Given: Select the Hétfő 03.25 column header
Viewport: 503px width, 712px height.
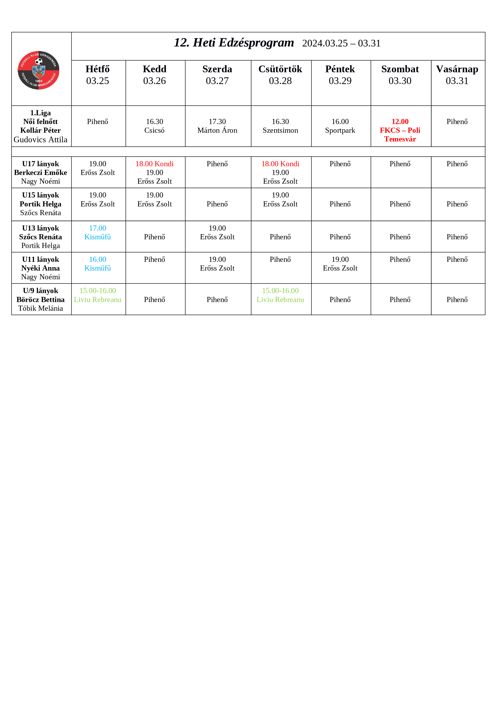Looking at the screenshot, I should click(x=98, y=75).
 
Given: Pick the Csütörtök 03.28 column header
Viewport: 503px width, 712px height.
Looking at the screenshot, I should click(x=280, y=75).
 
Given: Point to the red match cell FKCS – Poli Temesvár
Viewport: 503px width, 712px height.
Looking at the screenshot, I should click(x=400, y=130).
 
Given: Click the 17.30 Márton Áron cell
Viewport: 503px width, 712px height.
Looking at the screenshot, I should click(x=217, y=126).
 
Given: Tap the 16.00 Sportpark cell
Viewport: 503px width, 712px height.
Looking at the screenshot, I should click(x=340, y=126).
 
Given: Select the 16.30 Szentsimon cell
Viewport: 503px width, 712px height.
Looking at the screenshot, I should click(x=280, y=126).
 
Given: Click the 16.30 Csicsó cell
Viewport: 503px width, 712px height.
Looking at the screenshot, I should click(x=154, y=126).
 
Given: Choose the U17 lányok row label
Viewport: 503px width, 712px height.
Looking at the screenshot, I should click(x=41, y=164).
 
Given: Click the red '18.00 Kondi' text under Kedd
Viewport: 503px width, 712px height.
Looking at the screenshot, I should click(x=154, y=164).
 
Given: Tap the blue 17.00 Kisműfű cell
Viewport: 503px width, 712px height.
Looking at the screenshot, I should click(x=98, y=233).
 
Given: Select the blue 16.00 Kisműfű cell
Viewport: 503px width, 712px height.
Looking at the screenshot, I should click(x=98, y=264).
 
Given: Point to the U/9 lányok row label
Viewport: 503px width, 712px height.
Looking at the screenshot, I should click(x=41, y=291).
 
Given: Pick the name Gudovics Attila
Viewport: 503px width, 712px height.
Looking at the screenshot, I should click(x=41, y=140).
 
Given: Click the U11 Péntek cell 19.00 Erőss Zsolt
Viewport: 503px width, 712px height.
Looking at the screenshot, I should click(x=340, y=264).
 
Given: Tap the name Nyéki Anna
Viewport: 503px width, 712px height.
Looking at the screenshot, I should click(x=41, y=268).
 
